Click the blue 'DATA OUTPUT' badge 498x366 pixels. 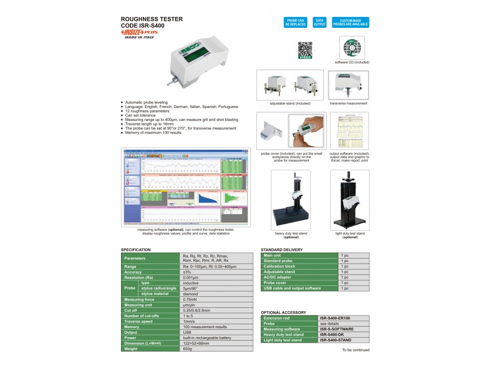319,22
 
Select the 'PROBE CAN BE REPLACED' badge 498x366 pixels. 295,22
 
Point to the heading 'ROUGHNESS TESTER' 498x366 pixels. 152,19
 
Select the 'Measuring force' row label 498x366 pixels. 139,299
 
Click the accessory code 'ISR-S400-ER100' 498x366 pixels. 335,318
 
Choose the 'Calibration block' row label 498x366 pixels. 280,267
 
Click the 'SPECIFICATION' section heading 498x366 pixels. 136,250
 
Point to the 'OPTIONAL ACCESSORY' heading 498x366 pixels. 284,312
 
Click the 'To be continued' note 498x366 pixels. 356,350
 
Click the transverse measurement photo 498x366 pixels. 349,85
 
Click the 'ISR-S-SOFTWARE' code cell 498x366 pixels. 337,329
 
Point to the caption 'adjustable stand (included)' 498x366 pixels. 290,103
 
